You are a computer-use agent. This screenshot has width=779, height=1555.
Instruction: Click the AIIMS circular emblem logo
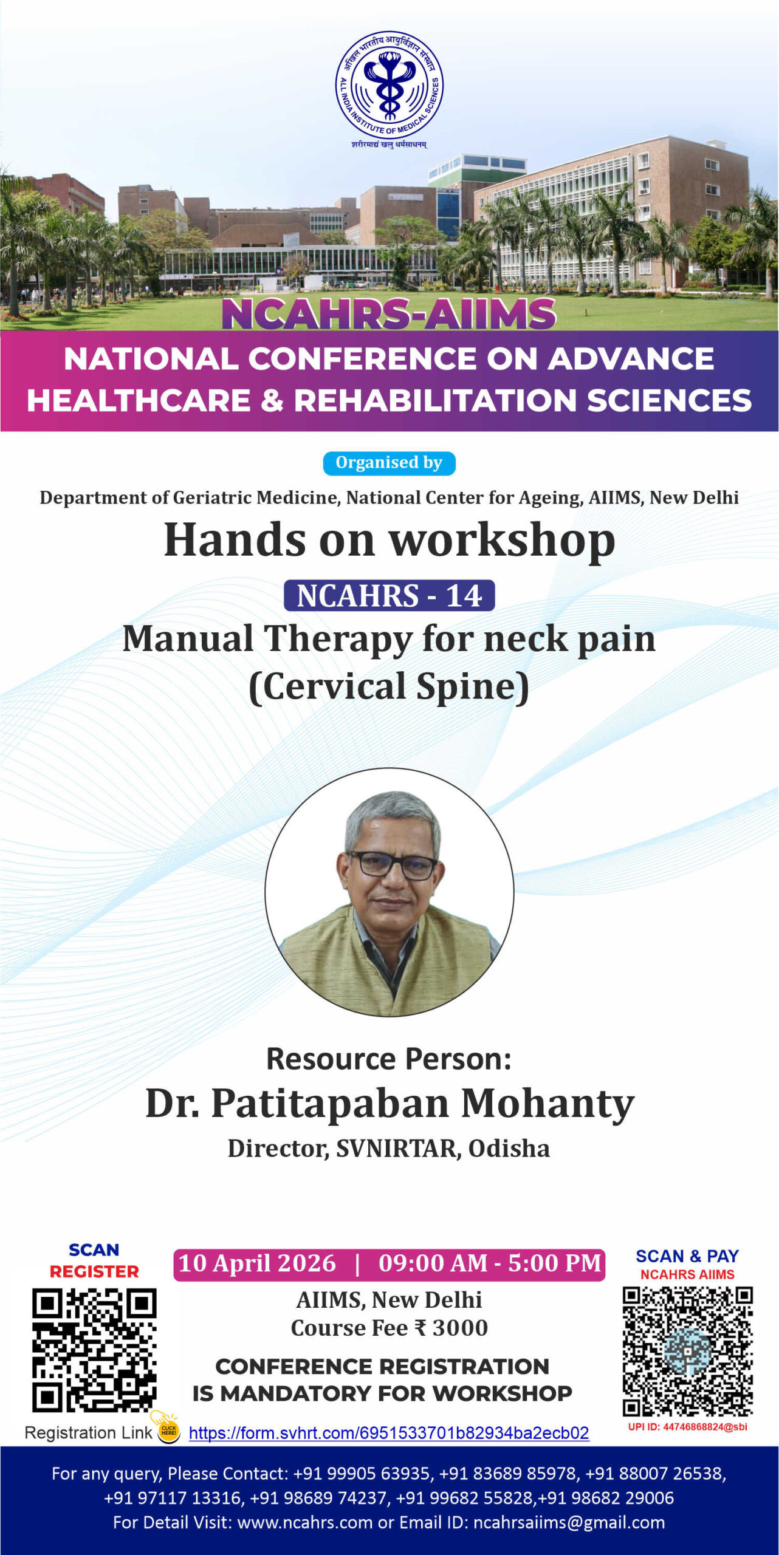[390, 85]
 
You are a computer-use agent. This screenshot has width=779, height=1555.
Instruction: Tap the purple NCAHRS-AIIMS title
[389, 313]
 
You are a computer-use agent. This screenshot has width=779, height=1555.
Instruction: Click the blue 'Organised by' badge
[389, 463]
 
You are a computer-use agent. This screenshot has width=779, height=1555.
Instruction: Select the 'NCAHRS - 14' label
[389, 595]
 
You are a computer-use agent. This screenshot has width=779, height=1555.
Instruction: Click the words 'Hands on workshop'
[390, 540]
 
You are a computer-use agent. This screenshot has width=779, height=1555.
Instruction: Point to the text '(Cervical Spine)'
[389, 686]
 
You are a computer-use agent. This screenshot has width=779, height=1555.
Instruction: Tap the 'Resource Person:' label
[389, 1059]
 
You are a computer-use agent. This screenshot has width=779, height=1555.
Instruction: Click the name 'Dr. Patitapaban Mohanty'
[390, 1103]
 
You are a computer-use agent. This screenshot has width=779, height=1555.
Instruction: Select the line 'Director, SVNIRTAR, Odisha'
[389, 1149]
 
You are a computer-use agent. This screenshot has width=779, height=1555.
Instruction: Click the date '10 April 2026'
[257, 1263]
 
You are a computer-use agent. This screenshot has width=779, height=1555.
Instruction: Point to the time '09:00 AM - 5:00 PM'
[490, 1263]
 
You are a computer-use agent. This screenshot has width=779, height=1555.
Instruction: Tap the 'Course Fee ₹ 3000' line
[389, 1328]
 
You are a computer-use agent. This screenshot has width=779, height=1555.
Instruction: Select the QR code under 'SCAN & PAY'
[688, 1352]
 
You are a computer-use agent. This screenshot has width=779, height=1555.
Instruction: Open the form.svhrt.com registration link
[389, 1433]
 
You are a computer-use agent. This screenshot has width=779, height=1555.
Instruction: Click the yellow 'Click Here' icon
[168, 1430]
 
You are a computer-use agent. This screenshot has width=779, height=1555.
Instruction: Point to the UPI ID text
[688, 1427]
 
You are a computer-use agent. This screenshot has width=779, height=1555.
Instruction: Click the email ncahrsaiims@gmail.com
[569, 1522]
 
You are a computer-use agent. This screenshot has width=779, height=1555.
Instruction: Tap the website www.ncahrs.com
[304, 1522]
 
